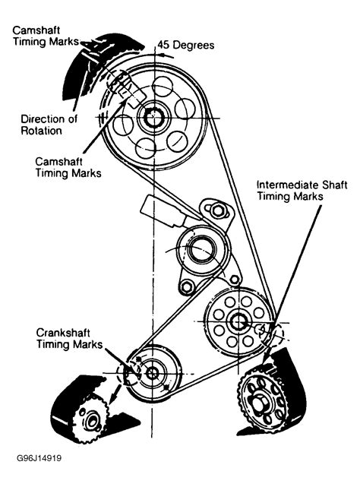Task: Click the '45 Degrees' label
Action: (x=187, y=45)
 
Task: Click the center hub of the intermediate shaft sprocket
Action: (x=236, y=321)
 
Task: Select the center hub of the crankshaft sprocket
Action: (x=152, y=373)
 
